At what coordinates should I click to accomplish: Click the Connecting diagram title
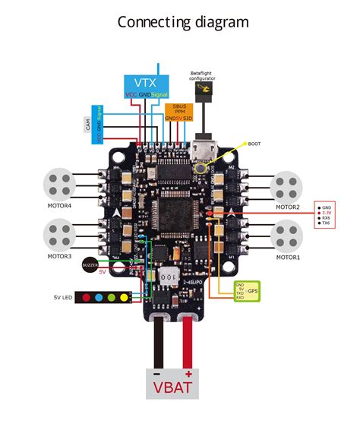pyautogui.click(x=182, y=22)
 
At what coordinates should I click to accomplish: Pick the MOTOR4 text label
pyautogui.click(x=60, y=205)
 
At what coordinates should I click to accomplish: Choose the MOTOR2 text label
pyautogui.click(x=288, y=207)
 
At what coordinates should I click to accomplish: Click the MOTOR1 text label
pyautogui.click(x=288, y=257)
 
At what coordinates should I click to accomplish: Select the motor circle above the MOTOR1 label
pyautogui.click(x=288, y=235)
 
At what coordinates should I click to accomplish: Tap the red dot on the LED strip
pyautogui.click(x=87, y=297)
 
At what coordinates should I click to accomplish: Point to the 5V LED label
pyautogui.click(x=62, y=297)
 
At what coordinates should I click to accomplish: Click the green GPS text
pyautogui.click(x=254, y=291)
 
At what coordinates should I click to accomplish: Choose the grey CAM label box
pyautogui.click(x=89, y=130)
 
